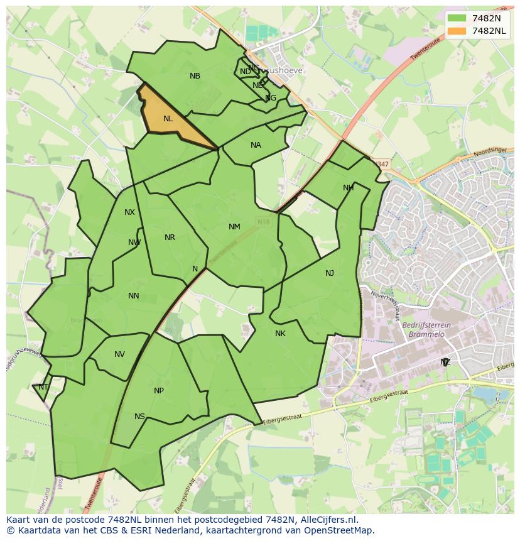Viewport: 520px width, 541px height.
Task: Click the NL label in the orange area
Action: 168,119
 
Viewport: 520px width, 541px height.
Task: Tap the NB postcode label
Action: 195,76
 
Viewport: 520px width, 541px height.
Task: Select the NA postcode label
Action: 256,145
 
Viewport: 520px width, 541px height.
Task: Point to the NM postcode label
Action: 234,227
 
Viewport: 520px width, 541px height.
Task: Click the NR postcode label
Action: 170,238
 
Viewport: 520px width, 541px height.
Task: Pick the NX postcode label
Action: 129,212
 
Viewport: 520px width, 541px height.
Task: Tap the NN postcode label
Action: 134,296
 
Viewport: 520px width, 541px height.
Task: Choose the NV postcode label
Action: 119,354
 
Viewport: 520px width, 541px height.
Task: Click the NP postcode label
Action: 159,391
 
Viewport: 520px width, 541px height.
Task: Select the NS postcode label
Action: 139,417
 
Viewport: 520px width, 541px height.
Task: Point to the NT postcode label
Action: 43,387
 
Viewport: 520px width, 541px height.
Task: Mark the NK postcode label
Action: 280,334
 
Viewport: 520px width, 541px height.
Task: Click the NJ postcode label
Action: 330,273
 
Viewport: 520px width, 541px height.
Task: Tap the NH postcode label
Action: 349,188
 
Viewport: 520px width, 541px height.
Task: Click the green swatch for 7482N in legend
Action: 457,18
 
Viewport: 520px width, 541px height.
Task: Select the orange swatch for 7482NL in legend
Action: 457,31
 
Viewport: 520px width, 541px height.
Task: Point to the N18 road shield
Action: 263,222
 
